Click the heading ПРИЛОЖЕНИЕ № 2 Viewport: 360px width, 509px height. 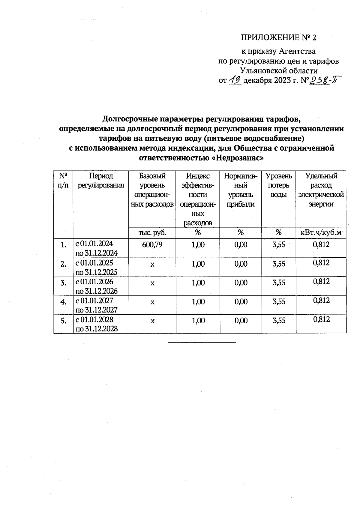(279, 37)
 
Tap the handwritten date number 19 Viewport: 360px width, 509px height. (235, 80)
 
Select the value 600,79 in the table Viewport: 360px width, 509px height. (152, 245)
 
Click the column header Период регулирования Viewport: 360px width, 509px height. (101, 181)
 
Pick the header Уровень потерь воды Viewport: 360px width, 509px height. (279, 185)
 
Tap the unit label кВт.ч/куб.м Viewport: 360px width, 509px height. (321, 232)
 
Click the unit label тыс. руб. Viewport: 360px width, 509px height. (152, 232)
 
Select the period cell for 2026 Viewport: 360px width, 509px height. (96, 286)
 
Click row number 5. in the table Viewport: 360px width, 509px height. (63, 321)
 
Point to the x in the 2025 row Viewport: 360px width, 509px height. (152, 265)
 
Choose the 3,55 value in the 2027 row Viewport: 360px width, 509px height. (279, 302)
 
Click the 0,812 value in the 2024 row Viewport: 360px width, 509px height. (321, 244)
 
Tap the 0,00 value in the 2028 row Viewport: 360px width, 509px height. (241, 321)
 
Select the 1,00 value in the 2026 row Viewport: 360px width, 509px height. (198, 283)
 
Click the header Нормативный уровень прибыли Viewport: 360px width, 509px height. (241, 190)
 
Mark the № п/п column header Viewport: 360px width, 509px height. (63, 181)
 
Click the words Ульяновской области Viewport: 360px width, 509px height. (279, 71)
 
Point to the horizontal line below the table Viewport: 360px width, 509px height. (202, 342)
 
